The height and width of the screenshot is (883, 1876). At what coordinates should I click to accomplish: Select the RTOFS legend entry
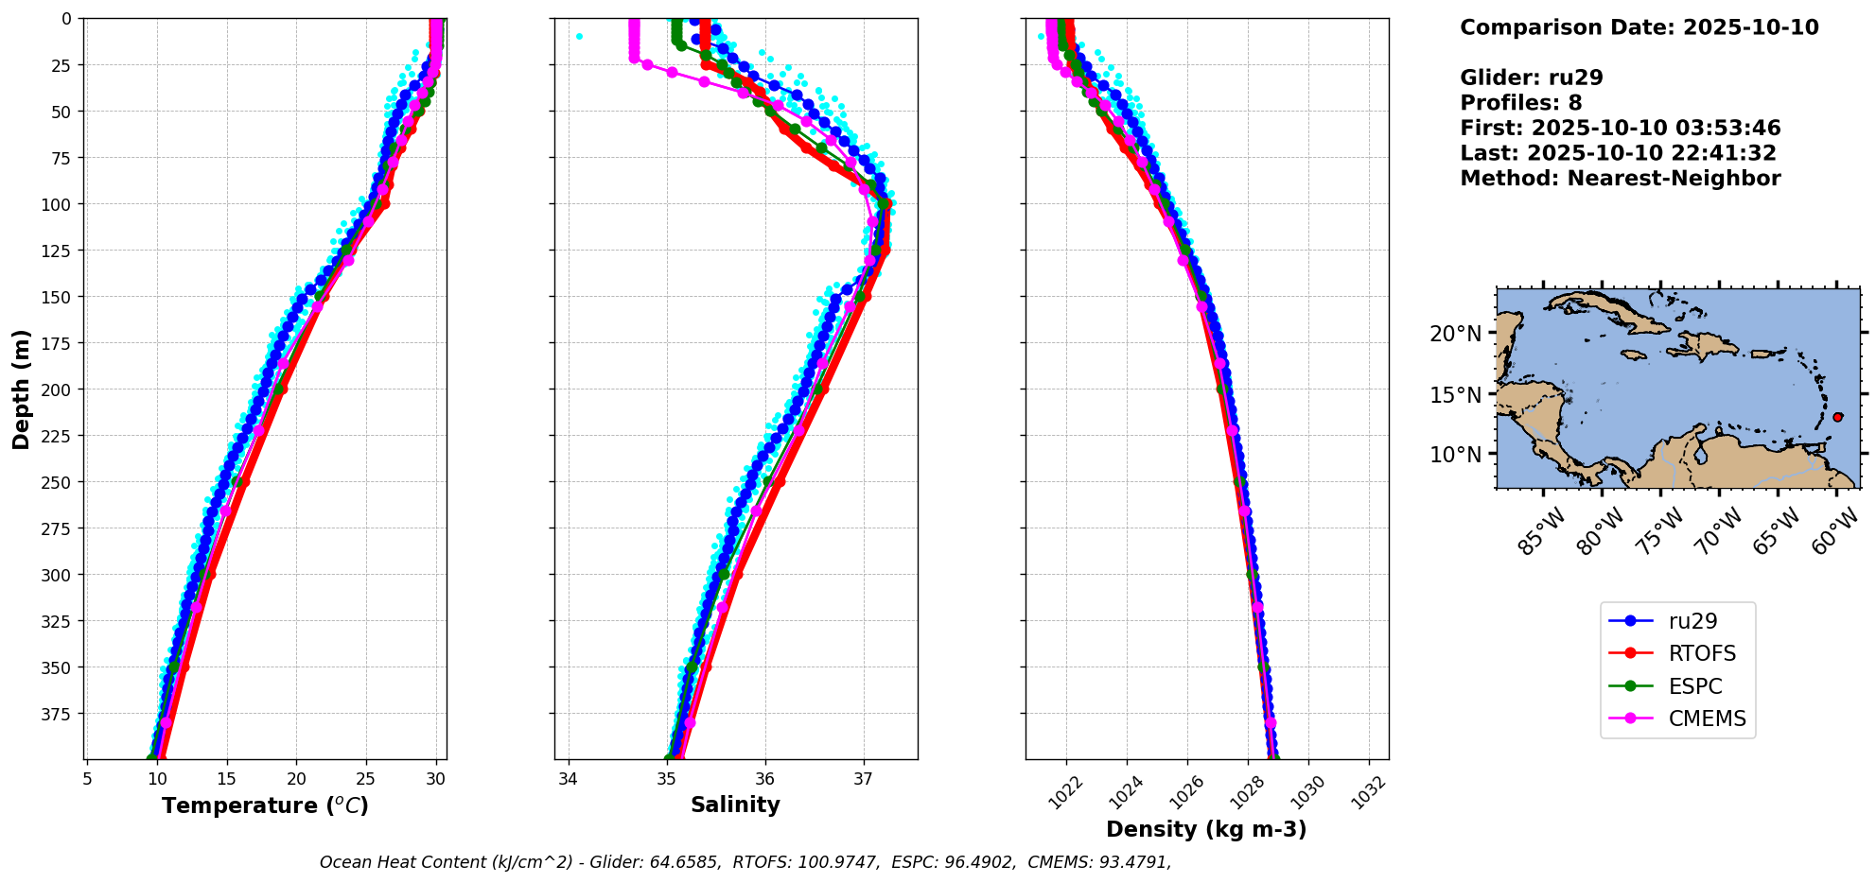click(1702, 653)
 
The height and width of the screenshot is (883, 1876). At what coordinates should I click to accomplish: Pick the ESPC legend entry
click(1694, 686)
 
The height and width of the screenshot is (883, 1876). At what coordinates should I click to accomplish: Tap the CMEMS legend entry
click(1707, 719)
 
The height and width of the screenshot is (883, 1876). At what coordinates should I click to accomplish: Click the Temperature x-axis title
click(265, 805)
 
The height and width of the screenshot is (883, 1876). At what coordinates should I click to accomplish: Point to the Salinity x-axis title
click(735, 805)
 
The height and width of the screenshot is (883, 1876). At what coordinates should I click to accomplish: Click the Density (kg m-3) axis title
click(1206, 829)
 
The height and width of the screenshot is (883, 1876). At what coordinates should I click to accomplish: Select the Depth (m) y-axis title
click(22, 389)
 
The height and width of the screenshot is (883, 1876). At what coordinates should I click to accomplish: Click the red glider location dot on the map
click(1837, 417)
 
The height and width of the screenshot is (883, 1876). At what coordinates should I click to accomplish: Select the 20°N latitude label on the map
click(1455, 334)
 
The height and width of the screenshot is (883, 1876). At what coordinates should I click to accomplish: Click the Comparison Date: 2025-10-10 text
click(1639, 27)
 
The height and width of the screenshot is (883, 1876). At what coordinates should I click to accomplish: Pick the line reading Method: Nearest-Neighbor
click(1620, 179)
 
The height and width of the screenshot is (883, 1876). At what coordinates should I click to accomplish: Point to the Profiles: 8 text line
click(1520, 103)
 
